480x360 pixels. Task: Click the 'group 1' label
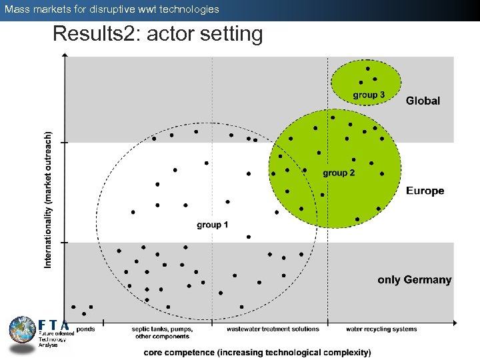(212, 225)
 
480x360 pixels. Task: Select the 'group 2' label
(339, 173)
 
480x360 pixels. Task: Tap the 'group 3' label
(369, 95)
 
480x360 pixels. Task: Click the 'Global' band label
(423, 101)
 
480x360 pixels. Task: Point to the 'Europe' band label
(425, 191)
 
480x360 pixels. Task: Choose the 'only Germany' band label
(414, 280)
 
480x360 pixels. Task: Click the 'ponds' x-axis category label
(85, 329)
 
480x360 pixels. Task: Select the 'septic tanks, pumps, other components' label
(162, 332)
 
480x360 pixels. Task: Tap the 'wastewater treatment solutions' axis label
(273, 329)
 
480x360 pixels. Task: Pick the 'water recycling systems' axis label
(381, 329)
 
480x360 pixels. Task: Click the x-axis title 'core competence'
(257, 352)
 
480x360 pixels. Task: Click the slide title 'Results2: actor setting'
(157, 33)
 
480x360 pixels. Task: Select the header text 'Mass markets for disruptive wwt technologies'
(111, 9)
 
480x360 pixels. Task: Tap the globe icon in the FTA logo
(22, 330)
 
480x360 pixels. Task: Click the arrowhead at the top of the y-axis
(64, 56)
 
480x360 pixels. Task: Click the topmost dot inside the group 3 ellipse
(367, 68)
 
